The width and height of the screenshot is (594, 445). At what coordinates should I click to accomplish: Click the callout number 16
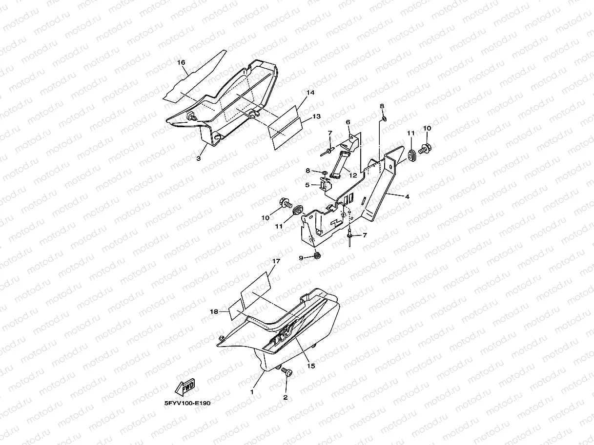click(181, 63)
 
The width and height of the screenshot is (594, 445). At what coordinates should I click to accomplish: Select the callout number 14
click(310, 93)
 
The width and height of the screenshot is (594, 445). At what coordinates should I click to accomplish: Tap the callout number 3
click(199, 158)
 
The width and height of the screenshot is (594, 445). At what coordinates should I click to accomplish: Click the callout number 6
click(348, 122)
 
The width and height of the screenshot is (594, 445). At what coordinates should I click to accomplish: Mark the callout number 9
click(302, 257)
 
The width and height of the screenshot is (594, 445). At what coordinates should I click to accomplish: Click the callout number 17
click(276, 262)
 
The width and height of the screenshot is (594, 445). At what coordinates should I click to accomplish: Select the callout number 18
click(214, 311)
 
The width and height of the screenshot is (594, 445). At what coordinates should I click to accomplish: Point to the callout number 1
click(252, 392)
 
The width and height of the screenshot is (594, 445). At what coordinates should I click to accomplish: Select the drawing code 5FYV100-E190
click(187, 403)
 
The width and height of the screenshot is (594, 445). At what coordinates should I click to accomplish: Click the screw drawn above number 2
click(287, 373)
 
